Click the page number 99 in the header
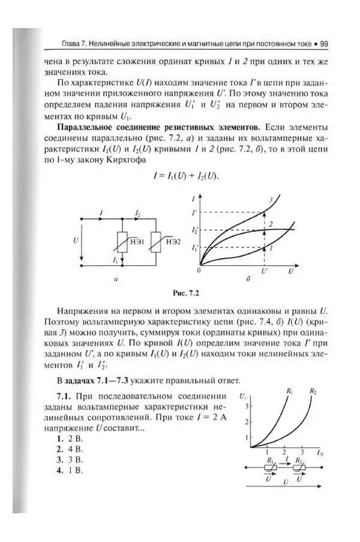point(323,44)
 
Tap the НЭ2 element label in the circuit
point(173,241)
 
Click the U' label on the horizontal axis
point(265,271)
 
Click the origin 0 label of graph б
point(198,271)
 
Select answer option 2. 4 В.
point(68,448)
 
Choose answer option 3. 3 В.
point(68,459)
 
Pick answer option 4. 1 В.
point(68,470)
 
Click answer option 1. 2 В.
point(68,438)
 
